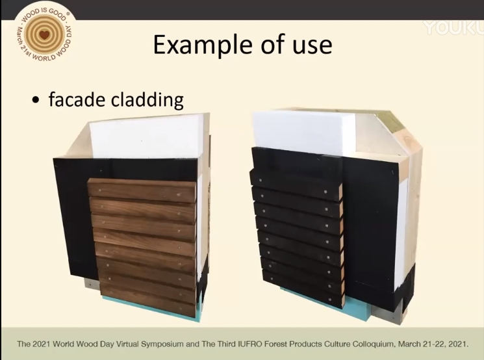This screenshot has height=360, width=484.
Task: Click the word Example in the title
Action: (204, 45)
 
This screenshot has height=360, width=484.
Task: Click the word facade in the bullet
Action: (77, 99)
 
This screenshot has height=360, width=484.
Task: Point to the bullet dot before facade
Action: (36, 100)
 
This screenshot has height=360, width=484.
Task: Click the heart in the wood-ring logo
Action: (45, 34)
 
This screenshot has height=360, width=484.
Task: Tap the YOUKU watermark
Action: (453, 28)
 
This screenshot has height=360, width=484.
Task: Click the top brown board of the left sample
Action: (142, 190)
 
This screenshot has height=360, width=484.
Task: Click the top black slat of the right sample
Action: (296, 183)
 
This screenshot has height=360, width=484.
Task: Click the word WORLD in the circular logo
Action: (44, 57)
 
